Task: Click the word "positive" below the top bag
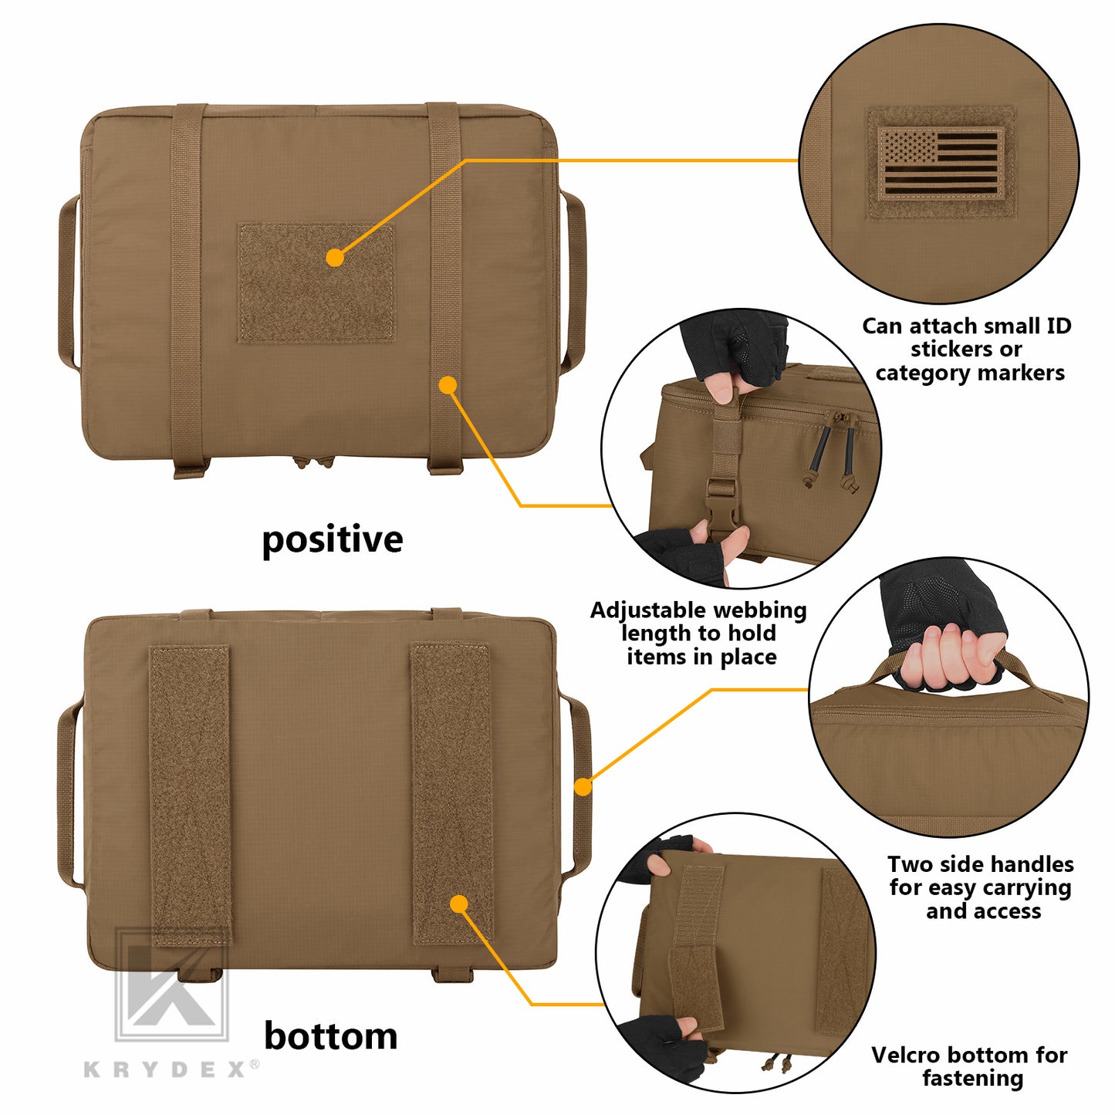tap(332, 540)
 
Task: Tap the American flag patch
tap(940, 164)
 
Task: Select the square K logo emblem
tap(172, 985)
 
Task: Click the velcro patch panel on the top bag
tap(316, 282)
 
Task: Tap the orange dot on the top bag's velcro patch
tap(335, 258)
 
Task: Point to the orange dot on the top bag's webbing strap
tap(448, 385)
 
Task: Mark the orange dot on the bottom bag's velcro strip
tap(459, 904)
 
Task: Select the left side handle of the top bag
tap(68, 283)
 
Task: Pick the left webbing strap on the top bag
tap(188, 289)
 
